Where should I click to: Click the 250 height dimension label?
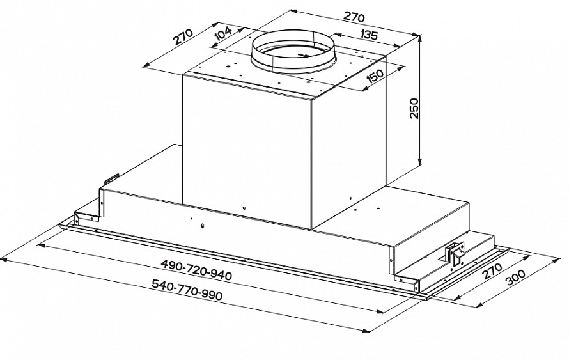(414, 108)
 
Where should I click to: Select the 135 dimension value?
(370, 35)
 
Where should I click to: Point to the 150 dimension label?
(375, 76)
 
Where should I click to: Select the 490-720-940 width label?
(196, 270)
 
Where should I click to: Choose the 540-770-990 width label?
(187, 290)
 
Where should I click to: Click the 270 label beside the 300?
(492, 270)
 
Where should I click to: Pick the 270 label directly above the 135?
(354, 17)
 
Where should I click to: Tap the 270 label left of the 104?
(183, 36)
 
